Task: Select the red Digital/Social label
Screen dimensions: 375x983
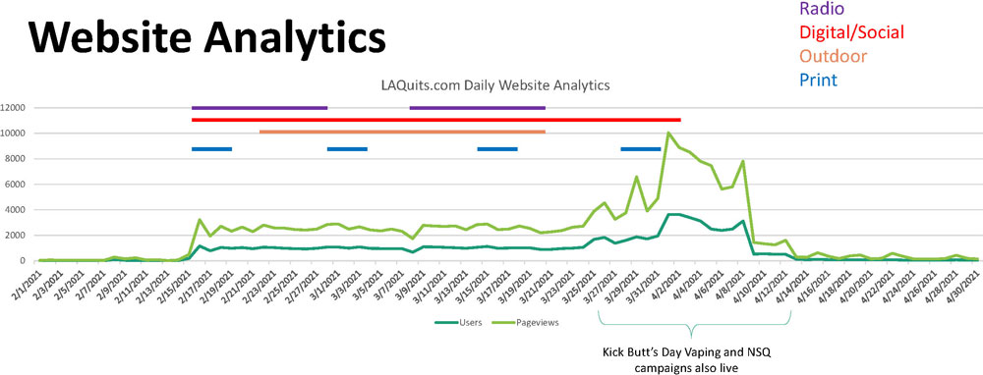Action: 853,32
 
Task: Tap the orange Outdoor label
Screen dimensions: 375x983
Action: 834,56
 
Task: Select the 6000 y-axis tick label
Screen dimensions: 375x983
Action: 21,185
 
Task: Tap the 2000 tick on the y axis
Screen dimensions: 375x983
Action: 21,236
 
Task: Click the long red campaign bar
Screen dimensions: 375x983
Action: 435,120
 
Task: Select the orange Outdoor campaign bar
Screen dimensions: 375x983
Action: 402,132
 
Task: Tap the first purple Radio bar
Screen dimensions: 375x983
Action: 260,108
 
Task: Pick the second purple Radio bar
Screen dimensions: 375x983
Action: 477,108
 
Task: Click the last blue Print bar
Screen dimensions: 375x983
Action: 640,149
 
